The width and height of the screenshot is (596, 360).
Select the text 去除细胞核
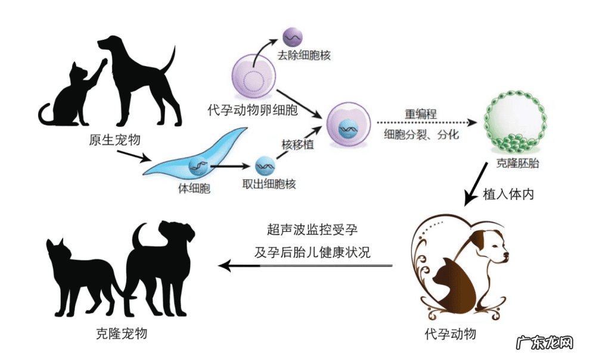point(304,55)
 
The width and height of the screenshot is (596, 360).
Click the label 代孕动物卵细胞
point(253,110)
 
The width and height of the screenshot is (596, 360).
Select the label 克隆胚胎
point(517,163)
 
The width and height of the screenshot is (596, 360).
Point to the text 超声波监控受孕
point(312,229)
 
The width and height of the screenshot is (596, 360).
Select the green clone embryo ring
point(516,122)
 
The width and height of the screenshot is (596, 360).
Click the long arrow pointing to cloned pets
point(304,265)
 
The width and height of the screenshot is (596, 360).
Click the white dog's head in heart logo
point(490,247)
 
